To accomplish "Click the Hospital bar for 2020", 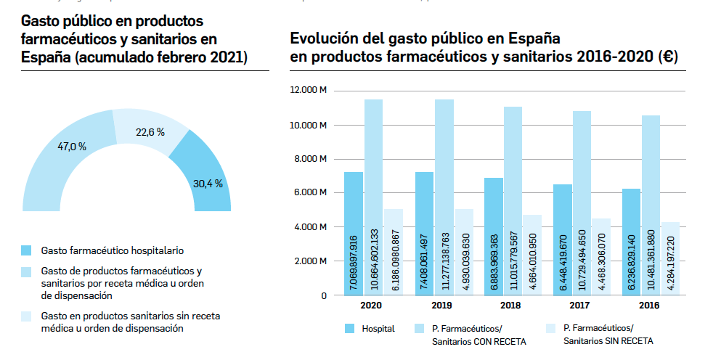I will point(353,232).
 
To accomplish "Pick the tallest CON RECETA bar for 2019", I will point(444,196).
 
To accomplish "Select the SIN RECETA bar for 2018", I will point(532,254).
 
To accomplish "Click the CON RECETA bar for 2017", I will point(582,203).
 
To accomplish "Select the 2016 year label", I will point(649,306).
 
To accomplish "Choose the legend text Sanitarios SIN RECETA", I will point(608,340).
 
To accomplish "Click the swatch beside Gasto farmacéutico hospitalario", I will point(27,250).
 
